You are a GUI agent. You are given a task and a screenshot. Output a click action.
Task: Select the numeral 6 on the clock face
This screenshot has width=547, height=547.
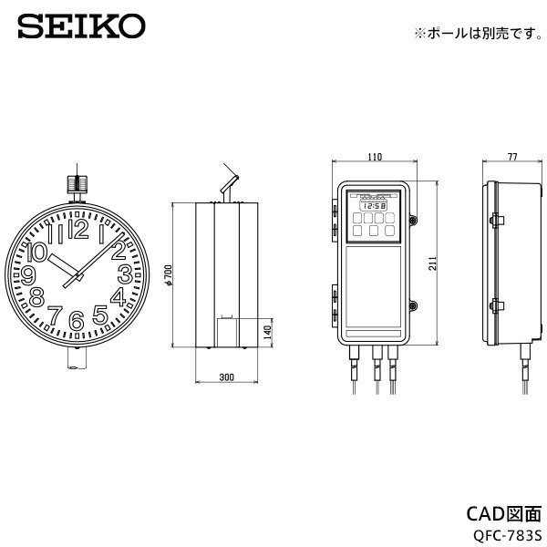point(77,319)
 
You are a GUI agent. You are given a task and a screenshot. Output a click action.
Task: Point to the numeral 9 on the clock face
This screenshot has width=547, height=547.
point(29,275)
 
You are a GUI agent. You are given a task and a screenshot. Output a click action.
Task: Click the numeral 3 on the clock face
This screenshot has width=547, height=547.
point(124,274)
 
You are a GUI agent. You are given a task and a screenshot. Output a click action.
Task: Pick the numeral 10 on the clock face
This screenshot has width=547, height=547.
point(39,250)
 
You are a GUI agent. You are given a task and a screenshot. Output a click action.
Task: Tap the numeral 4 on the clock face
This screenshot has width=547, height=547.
point(118,298)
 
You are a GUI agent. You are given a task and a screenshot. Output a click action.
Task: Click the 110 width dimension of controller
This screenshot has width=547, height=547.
point(374,158)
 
